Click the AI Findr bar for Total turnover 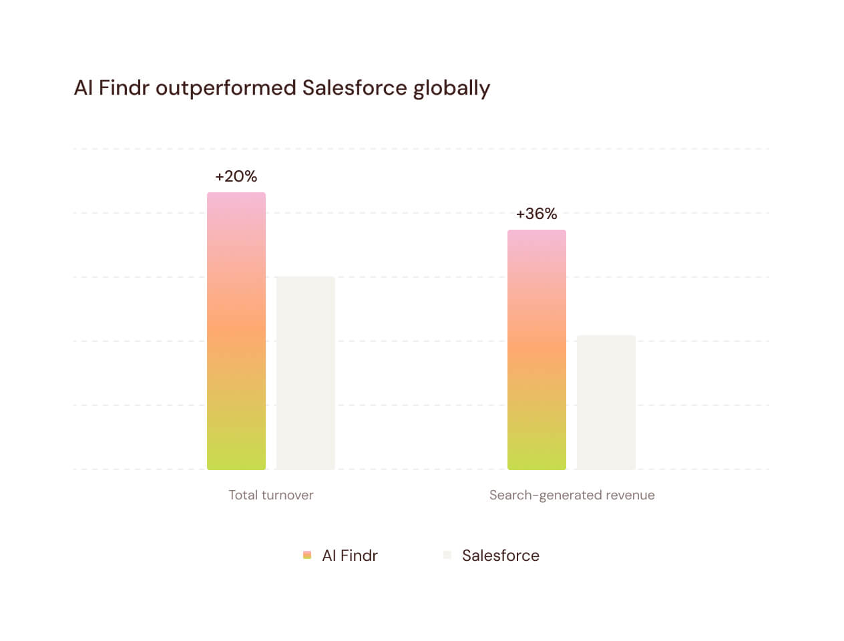tap(236, 331)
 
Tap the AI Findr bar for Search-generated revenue tap(537, 350)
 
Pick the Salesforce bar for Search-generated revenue tap(606, 402)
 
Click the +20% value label tap(236, 176)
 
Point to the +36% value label tap(537, 214)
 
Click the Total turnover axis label tap(271, 495)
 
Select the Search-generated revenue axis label tap(572, 495)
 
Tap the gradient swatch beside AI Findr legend tap(307, 555)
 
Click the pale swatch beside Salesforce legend tap(447, 555)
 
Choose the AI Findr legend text tap(350, 556)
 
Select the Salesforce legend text tap(501, 556)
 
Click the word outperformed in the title tap(226, 88)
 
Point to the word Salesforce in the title tap(355, 88)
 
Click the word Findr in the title tap(124, 88)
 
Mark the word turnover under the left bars tap(287, 495)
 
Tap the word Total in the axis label tap(243, 495)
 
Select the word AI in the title tap(83, 88)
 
